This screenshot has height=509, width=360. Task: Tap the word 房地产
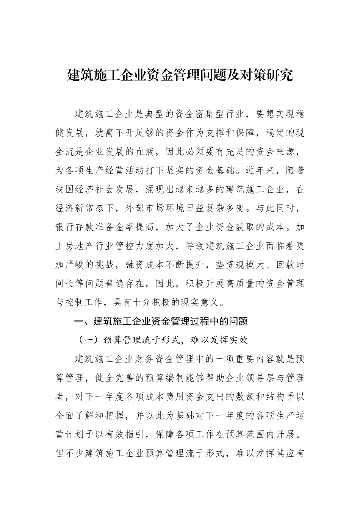point(84,246)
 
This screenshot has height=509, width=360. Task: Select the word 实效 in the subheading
point(239,340)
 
